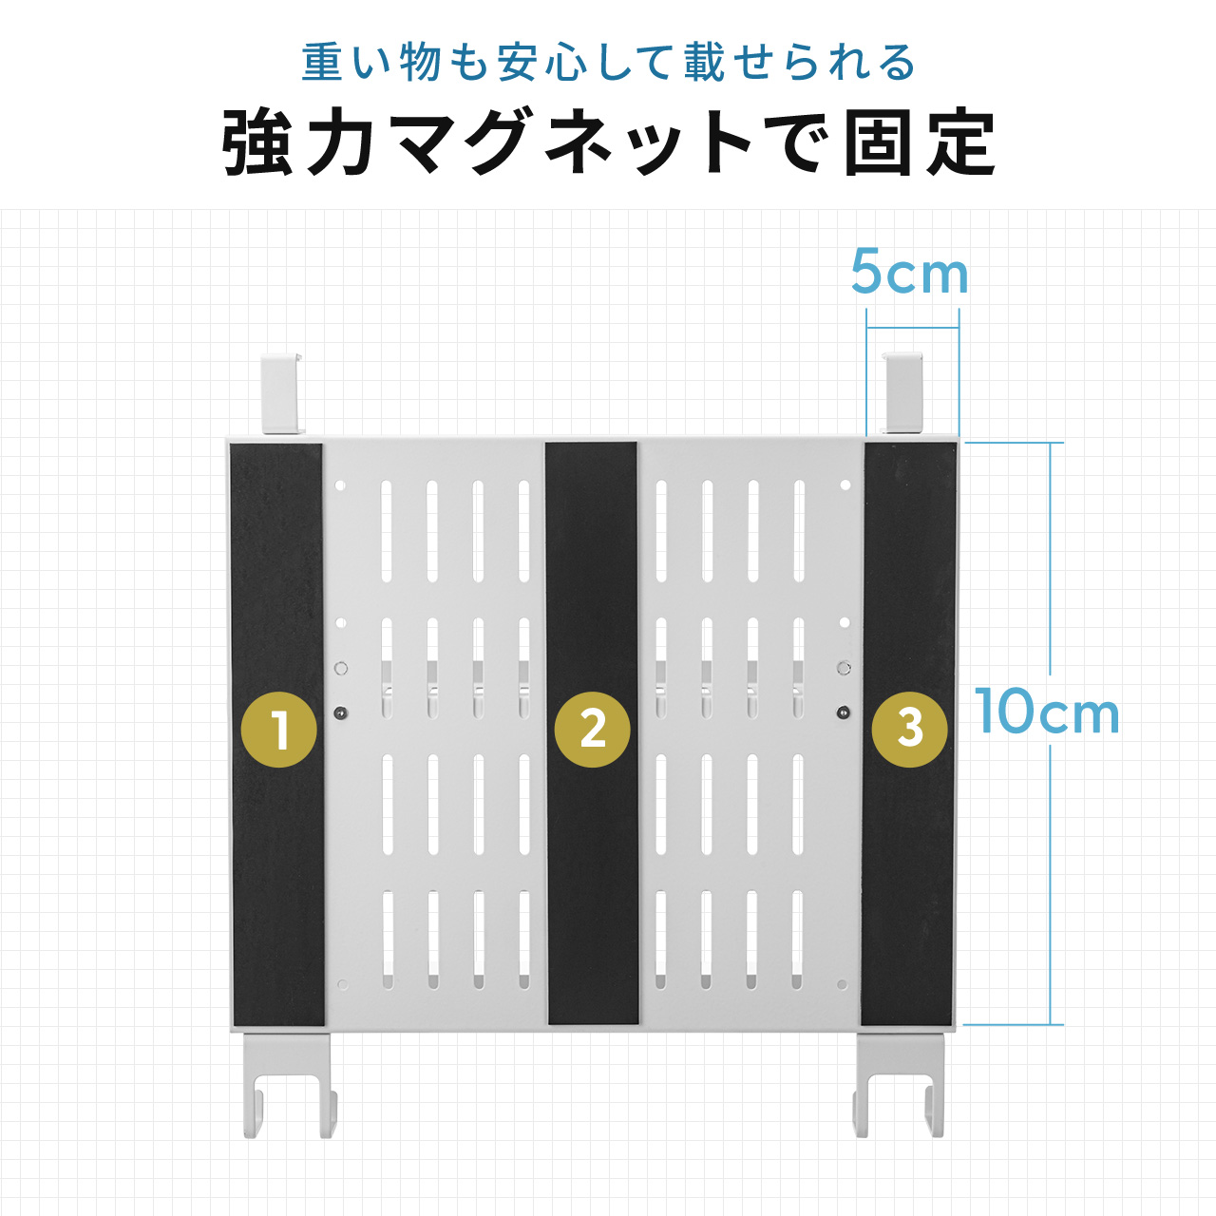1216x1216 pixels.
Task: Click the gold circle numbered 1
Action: pyautogui.click(x=279, y=730)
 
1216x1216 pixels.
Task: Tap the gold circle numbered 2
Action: pyautogui.click(x=592, y=730)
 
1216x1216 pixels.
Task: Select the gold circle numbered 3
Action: pyautogui.click(x=909, y=730)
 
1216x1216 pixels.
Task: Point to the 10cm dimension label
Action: pyautogui.click(x=1047, y=712)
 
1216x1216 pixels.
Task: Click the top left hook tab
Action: pyautogui.click(x=282, y=394)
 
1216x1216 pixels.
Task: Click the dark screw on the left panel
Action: pyautogui.click(x=340, y=713)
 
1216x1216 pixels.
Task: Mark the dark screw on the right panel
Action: pyautogui.click(x=842, y=713)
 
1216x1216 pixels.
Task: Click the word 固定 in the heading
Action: pyautogui.click(x=920, y=143)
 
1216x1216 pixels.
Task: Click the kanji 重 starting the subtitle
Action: pyautogui.click(x=322, y=63)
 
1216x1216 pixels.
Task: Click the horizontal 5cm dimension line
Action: pyautogui.click(x=912, y=328)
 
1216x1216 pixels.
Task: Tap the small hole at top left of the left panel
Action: pyautogui.click(x=340, y=485)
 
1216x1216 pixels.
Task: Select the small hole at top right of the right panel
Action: pyautogui.click(x=845, y=485)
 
